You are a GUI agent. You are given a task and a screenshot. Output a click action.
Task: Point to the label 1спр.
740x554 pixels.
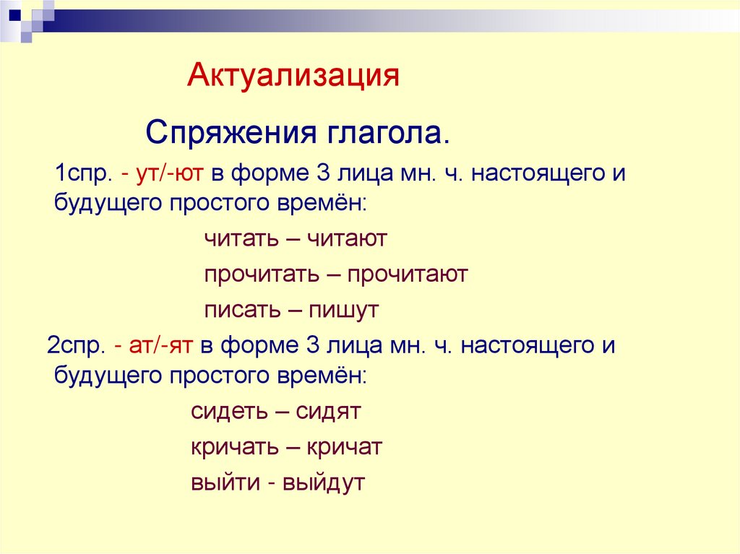coord(82,174)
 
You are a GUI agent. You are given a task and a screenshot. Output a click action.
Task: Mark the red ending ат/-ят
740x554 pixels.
coord(160,345)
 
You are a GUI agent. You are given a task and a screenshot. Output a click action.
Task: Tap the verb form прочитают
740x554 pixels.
coord(408,275)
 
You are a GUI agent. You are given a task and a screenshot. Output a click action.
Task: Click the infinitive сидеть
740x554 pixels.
coord(228,412)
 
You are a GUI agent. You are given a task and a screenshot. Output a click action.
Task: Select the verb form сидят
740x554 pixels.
coord(327,412)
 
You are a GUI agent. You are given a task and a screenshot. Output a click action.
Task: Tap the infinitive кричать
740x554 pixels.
coord(233,447)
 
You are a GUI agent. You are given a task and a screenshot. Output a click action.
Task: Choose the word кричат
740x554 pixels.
coord(344,447)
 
